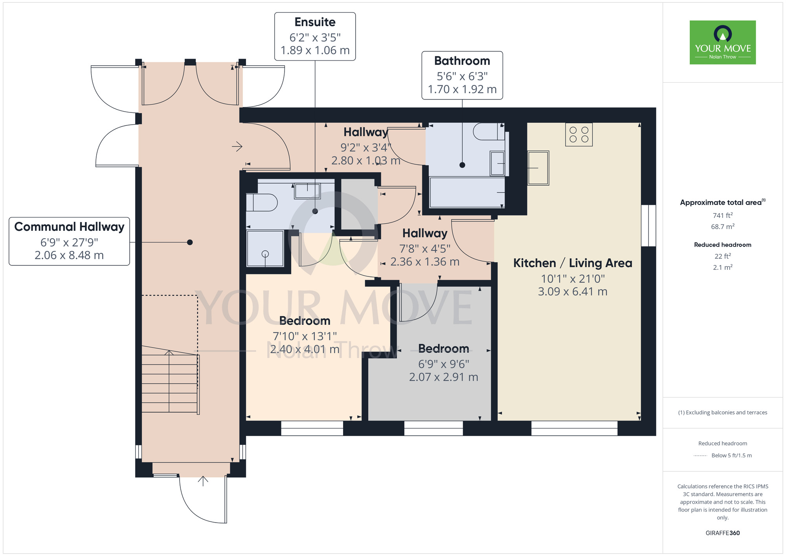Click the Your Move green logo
pos(722,42)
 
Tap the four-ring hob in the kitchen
pos(578,134)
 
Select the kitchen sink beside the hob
pos(538,168)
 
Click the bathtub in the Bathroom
pos(467,192)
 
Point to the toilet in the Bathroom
pos(488,132)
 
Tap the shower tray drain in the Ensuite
pos(265,254)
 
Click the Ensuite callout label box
pos(315,37)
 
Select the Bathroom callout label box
pos(462,75)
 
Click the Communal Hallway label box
pos(69,241)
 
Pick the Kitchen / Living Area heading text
pos(572,263)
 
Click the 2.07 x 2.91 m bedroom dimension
pos(443,377)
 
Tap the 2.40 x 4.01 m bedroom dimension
pos(305,349)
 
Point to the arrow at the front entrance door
pos(203,481)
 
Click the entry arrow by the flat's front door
pos(237,147)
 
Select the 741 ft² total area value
pos(722,215)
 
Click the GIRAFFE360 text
pos(722,533)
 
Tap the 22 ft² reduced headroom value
pos(722,256)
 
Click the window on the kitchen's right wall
pos(648,225)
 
